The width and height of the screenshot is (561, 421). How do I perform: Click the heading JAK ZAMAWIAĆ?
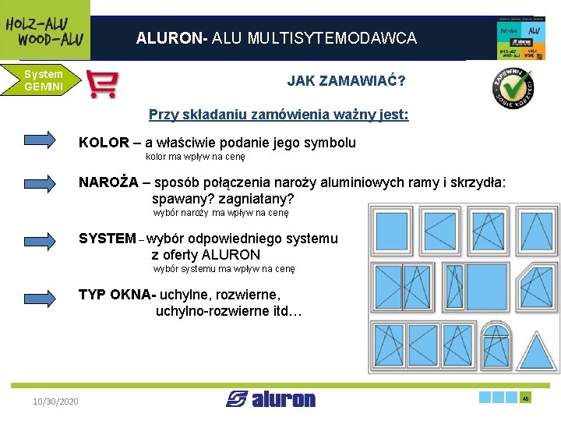346,81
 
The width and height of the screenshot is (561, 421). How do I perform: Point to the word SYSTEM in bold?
107,239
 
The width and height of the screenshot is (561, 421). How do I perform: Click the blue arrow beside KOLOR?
47,140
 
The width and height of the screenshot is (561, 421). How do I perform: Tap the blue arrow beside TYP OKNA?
47,295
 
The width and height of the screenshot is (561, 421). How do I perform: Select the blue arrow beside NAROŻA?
47,183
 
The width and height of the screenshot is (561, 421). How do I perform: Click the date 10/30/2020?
55,401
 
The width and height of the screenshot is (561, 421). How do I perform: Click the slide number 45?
526,398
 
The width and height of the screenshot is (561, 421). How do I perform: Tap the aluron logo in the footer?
271,399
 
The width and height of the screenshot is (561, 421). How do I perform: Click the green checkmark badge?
512,87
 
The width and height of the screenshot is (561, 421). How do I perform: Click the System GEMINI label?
42,80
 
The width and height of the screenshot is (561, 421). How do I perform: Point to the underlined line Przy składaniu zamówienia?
278,115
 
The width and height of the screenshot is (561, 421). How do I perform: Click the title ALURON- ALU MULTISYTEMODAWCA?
277,38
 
